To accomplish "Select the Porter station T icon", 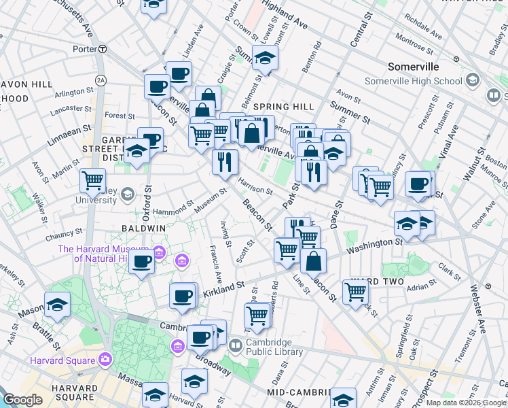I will click(102, 48).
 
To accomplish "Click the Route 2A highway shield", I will click(101, 80).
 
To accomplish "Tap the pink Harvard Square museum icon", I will click(105, 358).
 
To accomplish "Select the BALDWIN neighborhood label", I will click(143, 229).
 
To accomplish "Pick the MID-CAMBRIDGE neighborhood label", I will click(298, 392).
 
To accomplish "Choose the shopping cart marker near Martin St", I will click(92, 181).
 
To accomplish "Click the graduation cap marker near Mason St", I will click(58, 305).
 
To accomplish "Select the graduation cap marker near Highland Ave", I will click(266, 58).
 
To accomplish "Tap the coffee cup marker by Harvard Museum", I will click(142, 262).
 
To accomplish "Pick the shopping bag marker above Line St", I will click(313, 261).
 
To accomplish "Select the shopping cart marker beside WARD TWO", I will click(356, 292).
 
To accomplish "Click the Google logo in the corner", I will click(22, 401).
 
